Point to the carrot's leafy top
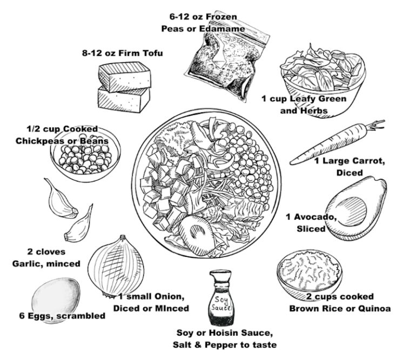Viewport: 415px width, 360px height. click(374, 128)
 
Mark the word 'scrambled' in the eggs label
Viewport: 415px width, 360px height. click(82, 316)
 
